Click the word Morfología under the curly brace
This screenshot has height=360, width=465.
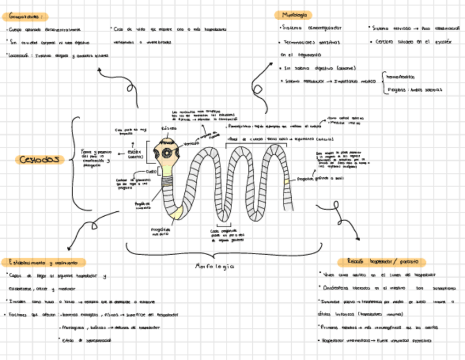(215, 266)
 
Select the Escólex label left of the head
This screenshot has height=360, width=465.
(135, 154)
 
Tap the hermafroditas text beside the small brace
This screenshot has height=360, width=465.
(405, 77)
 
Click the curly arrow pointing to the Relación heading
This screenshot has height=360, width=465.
(343, 220)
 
